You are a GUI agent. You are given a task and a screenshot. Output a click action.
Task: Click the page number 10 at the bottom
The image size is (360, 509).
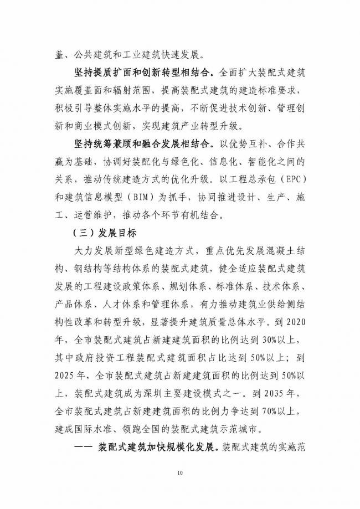tap(179, 472)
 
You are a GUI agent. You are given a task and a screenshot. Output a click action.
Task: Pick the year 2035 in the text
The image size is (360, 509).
tap(278, 397)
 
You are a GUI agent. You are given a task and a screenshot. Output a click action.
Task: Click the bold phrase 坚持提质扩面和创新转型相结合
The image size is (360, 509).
tap(142, 71)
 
